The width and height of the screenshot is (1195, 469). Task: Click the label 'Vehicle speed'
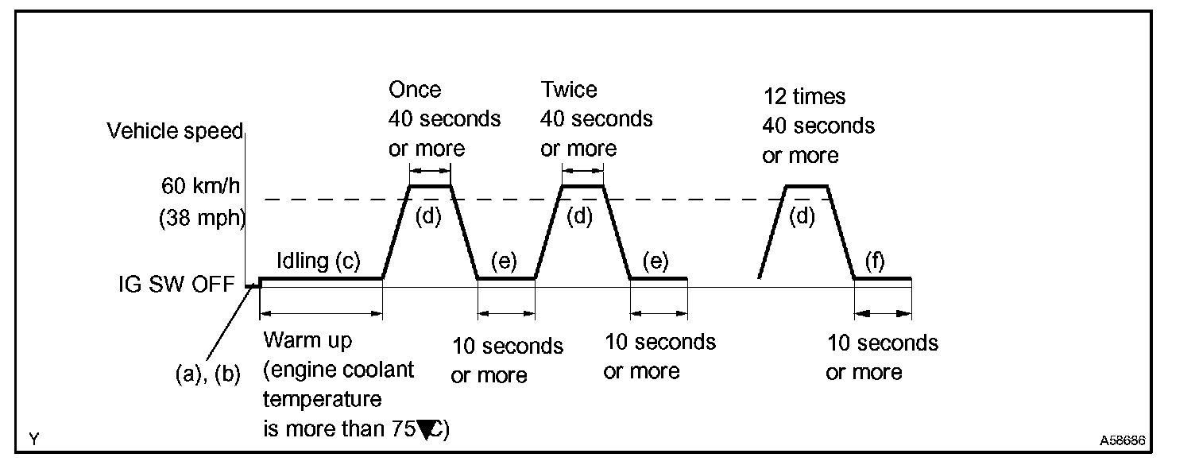(175, 132)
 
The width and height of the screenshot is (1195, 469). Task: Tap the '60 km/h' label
(201, 188)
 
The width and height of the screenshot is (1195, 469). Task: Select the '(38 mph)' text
(202, 217)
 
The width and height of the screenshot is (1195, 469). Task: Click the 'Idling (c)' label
(318, 261)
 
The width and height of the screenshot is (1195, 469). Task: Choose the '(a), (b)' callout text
(207, 374)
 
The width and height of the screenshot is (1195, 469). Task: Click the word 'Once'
(415, 89)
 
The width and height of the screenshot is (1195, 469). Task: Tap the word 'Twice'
(569, 89)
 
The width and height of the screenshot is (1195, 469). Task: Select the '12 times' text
(804, 97)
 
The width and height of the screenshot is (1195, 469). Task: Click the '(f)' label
(875, 262)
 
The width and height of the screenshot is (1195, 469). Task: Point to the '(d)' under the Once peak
(428, 217)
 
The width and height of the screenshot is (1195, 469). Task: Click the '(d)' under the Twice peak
(580, 217)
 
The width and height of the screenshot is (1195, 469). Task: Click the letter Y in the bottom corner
(33, 439)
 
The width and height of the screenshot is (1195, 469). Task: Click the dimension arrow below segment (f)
(883, 314)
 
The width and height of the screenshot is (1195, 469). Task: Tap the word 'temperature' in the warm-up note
(323, 400)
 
